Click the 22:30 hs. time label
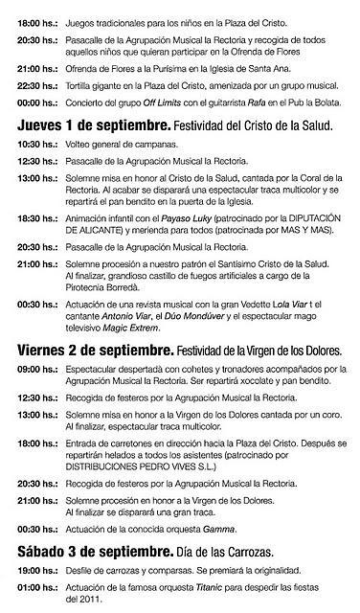pyautogui.click(x=36, y=86)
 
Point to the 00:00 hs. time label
pyautogui.click(x=36, y=102)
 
